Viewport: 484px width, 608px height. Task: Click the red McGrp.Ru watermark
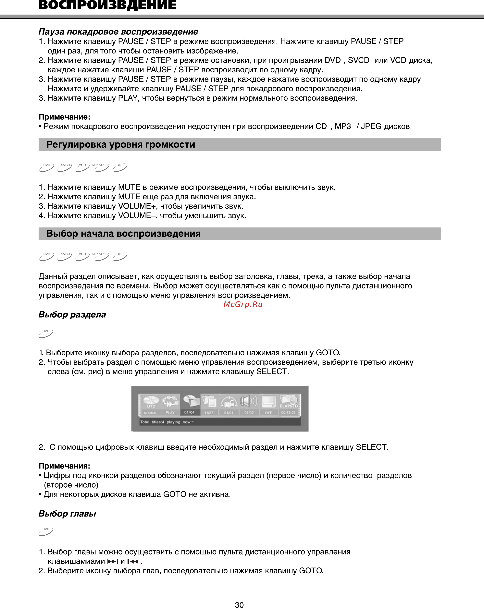click(243, 304)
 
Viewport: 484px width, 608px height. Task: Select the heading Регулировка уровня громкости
click(120, 144)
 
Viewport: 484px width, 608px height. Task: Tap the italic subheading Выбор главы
click(67, 514)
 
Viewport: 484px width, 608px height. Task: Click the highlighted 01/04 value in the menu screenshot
click(189, 412)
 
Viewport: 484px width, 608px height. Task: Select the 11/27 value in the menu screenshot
click(209, 413)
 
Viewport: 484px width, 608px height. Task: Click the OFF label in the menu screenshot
click(268, 413)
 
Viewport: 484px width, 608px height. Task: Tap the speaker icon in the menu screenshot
click(248, 401)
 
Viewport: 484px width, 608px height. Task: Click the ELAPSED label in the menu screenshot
click(289, 406)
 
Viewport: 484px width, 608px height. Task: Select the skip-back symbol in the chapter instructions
click(133, 562)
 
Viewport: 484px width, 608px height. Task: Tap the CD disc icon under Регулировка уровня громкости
click(120, 167)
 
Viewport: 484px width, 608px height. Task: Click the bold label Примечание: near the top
click(64, 117)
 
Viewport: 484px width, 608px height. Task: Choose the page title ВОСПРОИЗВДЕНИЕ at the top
click(107, 5)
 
